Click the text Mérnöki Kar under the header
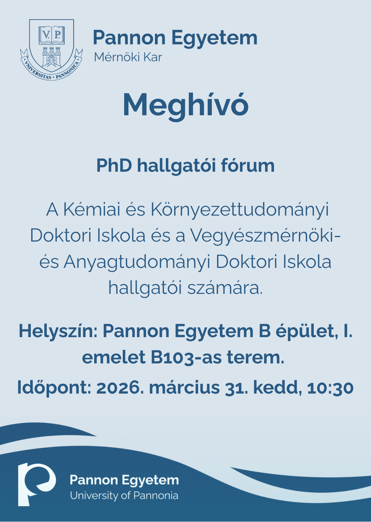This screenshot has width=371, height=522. coord(128,57)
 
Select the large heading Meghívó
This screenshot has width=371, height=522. coord(185,105)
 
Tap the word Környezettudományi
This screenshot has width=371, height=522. coord(239,210)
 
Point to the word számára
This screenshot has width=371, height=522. coord(225,288)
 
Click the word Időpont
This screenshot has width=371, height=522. coord(54,387)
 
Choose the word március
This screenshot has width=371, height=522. coord(184,387)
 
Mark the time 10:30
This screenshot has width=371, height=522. coord(330,387)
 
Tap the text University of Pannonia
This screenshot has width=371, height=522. coord(124,496)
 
